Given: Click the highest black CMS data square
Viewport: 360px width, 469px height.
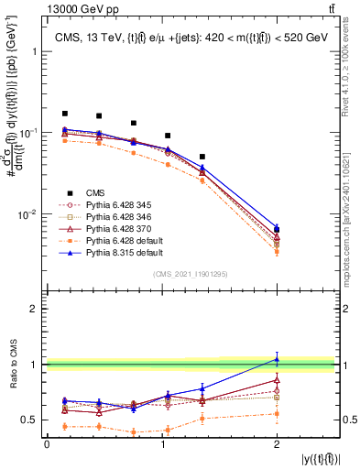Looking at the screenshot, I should [64, 114].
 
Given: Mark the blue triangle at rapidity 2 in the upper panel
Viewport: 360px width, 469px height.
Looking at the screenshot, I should [277, 225].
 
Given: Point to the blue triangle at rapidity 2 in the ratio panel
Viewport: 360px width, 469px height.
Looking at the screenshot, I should [277, 357].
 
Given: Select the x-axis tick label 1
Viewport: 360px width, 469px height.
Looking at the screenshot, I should [162, 444].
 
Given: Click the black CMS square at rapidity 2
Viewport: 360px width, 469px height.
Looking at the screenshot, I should [277, 229].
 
